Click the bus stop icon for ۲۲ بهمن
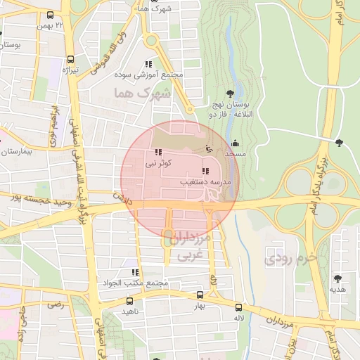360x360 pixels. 50,15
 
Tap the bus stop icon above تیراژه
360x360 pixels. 70,59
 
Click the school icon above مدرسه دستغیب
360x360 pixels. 205,171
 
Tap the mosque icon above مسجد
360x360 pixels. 235,143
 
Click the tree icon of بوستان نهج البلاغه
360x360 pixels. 231,93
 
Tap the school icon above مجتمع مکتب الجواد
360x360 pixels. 134,272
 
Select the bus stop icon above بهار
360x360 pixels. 200,296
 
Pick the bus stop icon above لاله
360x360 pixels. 239,307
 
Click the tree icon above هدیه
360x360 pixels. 337,278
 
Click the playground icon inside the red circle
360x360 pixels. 207,148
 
